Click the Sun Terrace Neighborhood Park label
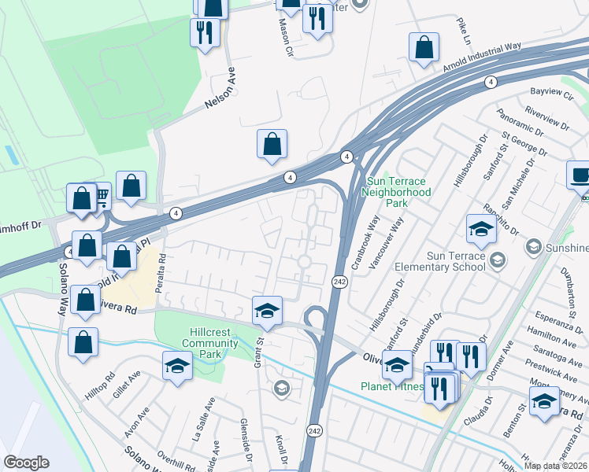pos(397,192)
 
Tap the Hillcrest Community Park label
pos(210,338)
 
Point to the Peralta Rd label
pos(161,272)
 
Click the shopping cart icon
pos(100,196)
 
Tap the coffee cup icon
pos(580,175)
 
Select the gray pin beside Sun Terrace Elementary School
pos(497,259)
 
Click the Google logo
pos(27,463)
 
